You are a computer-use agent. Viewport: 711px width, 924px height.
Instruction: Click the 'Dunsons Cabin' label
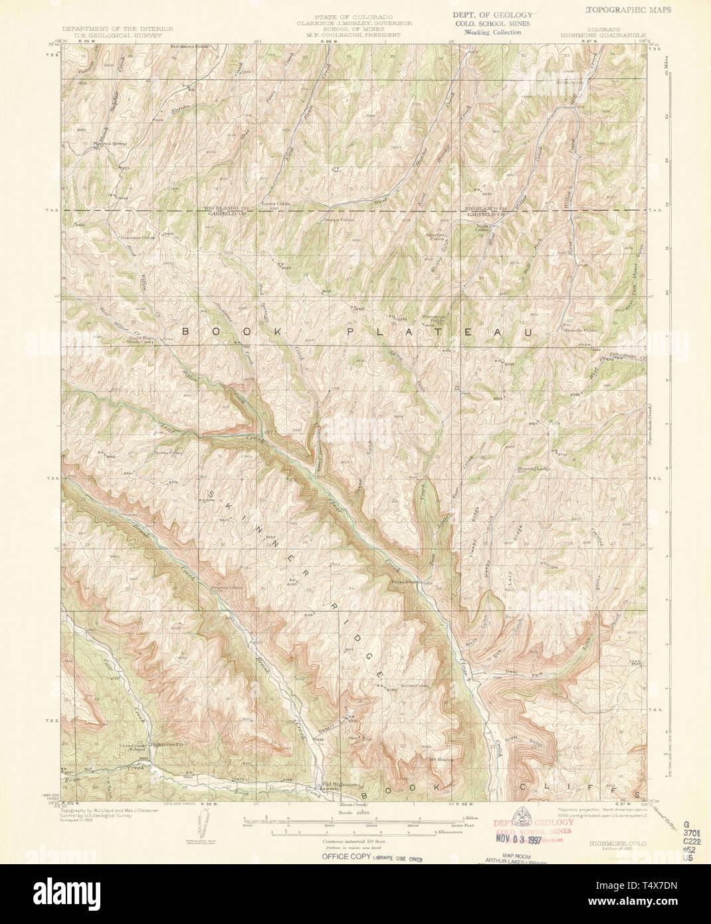click(132, 237)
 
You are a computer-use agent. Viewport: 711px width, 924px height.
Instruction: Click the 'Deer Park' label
click(520, 673)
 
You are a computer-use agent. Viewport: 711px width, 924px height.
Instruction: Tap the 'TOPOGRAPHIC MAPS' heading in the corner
click(629, 10)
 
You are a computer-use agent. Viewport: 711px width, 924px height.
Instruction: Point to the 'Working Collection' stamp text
click(492, 31)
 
